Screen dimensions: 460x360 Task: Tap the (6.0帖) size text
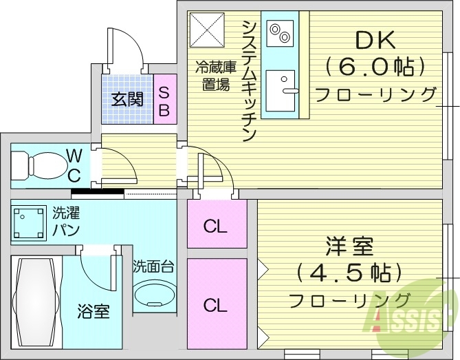point(375,66)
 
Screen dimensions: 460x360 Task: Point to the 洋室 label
point(349,245)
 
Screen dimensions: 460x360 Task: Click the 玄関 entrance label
point(127,99)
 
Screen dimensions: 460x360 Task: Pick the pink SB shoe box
point(164,99)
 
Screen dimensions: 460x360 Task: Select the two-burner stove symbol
point(280,31)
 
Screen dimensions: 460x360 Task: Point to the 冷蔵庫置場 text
point(215,76)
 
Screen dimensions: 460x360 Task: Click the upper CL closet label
point(215,226)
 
